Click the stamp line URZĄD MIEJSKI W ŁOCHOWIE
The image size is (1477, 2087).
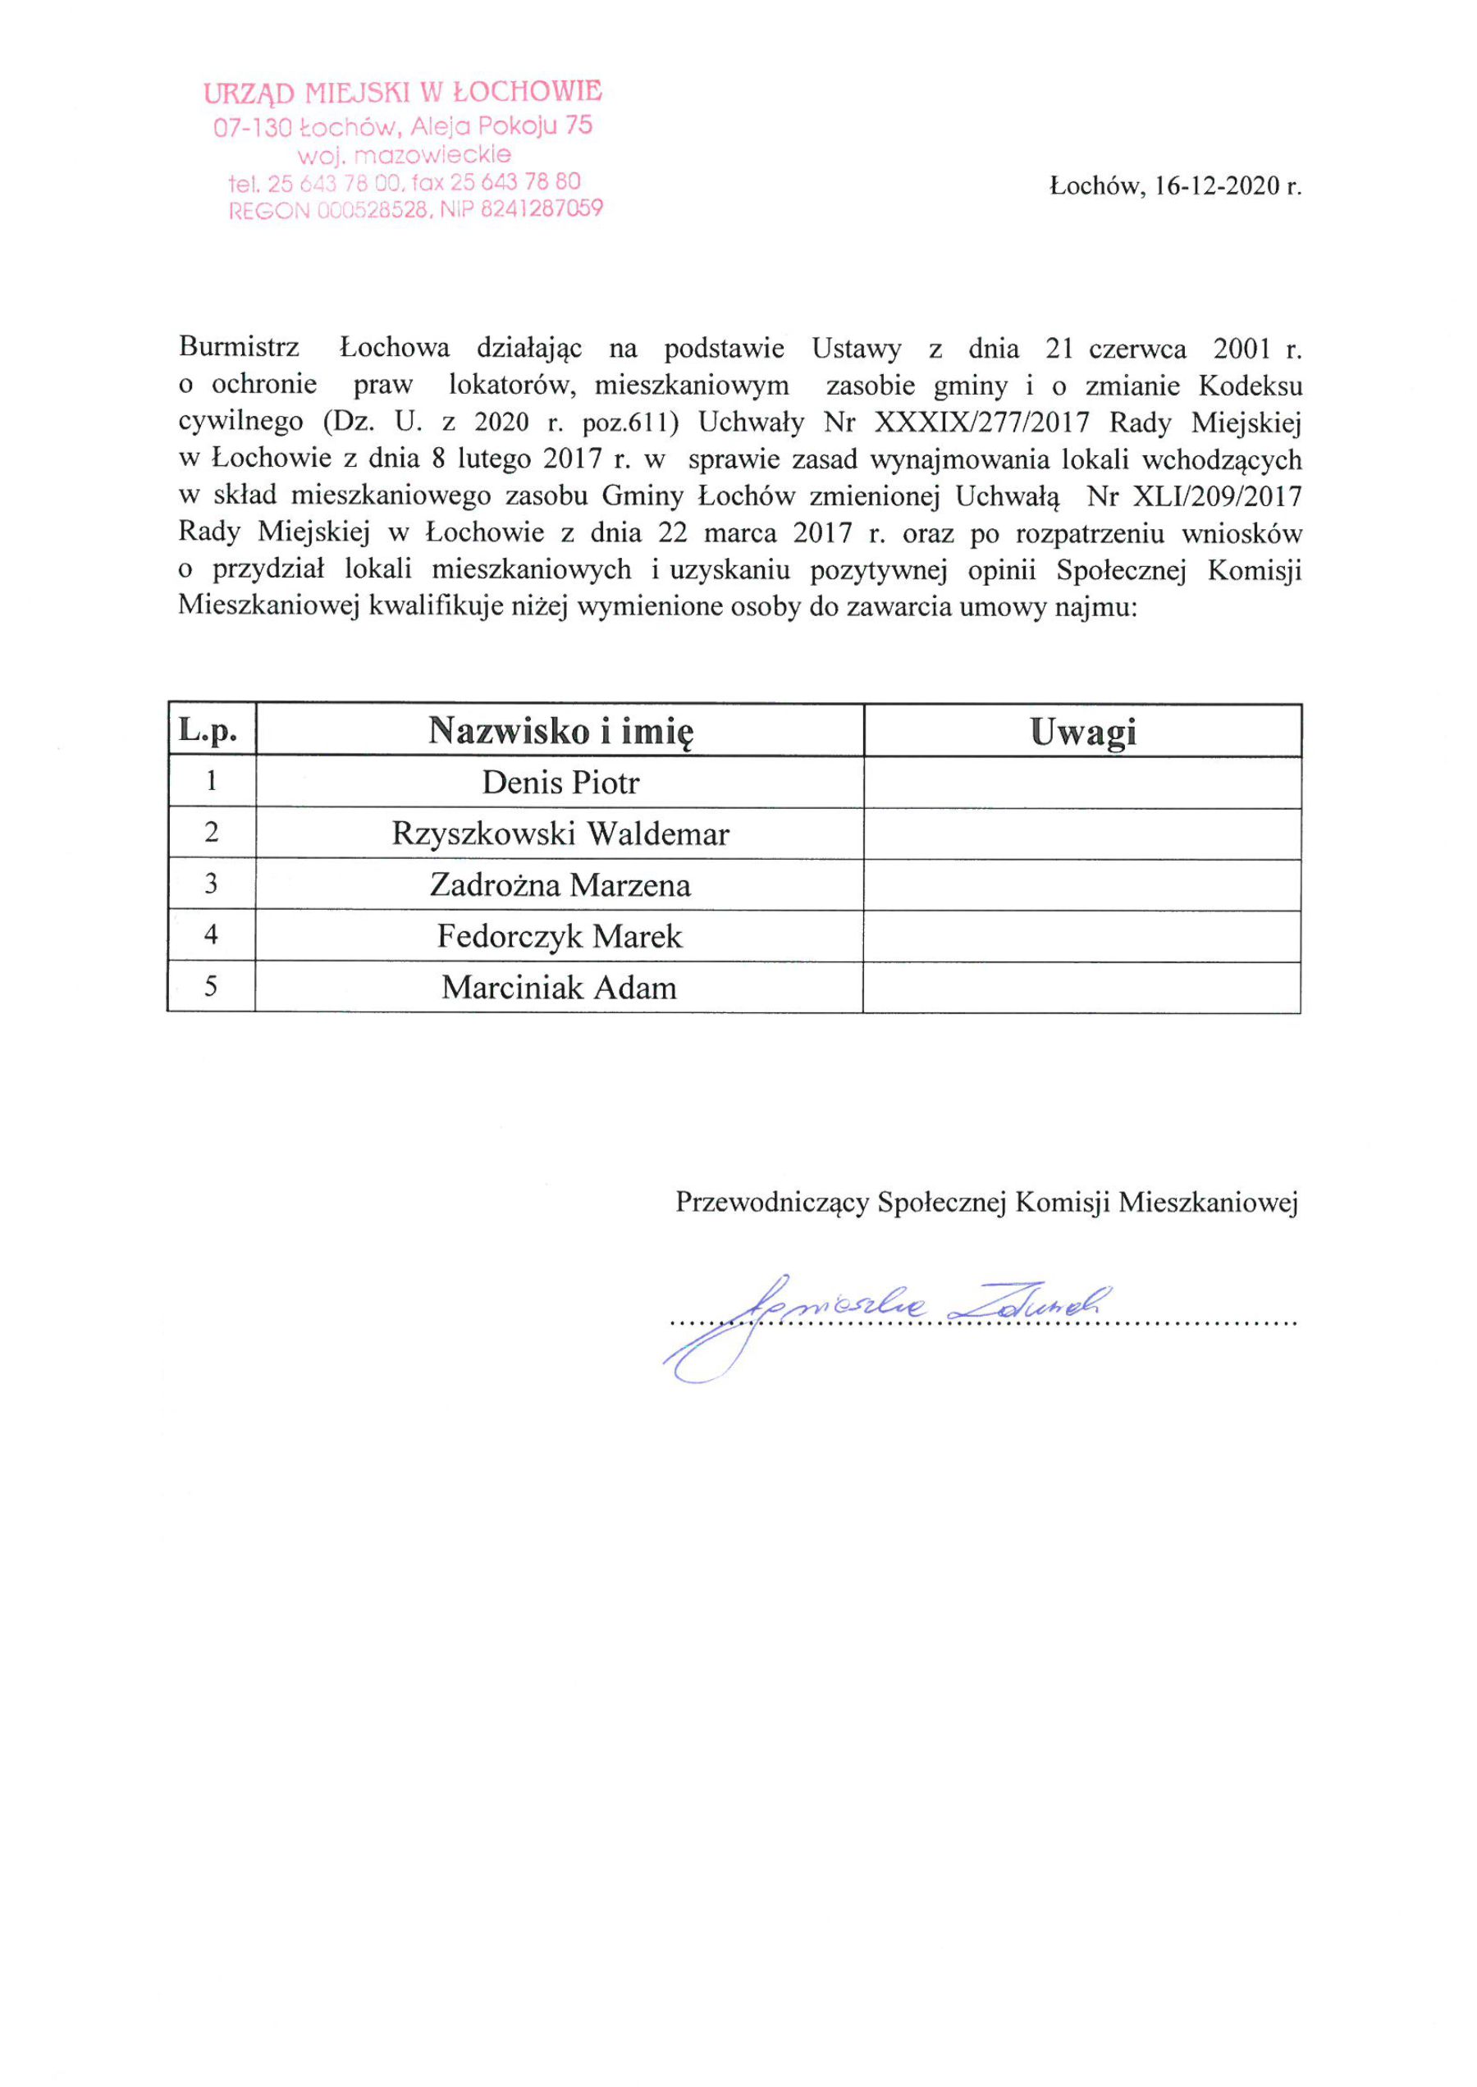click(402, 92)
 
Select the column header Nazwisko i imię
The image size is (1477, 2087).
click(560, 731)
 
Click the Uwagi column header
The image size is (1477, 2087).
click(1082, 732)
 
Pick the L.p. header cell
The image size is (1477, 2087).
click(208, 730)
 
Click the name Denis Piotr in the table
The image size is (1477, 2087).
click(560, 783)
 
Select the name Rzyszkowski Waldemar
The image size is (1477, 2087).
click(560, 833)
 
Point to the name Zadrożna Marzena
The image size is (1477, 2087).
click(560, 885)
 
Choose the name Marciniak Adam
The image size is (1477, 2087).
click(560, 988)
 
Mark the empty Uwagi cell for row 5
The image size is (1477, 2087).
click(1081, 988)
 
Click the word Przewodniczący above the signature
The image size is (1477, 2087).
click(771, 1203)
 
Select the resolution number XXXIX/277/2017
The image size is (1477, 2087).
click(981, 422)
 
